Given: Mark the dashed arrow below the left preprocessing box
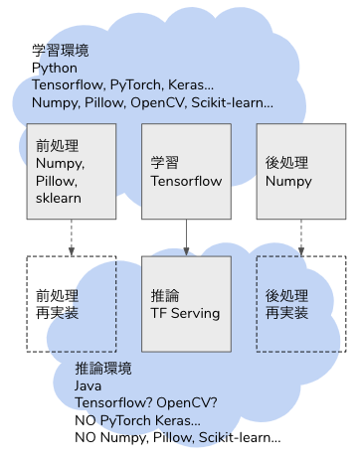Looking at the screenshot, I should coord(71,236).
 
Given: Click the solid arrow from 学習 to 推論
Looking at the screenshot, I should coord(186,236).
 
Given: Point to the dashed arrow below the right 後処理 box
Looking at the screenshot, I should coord(301,236).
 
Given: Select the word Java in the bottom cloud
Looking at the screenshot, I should coord(90,385).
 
